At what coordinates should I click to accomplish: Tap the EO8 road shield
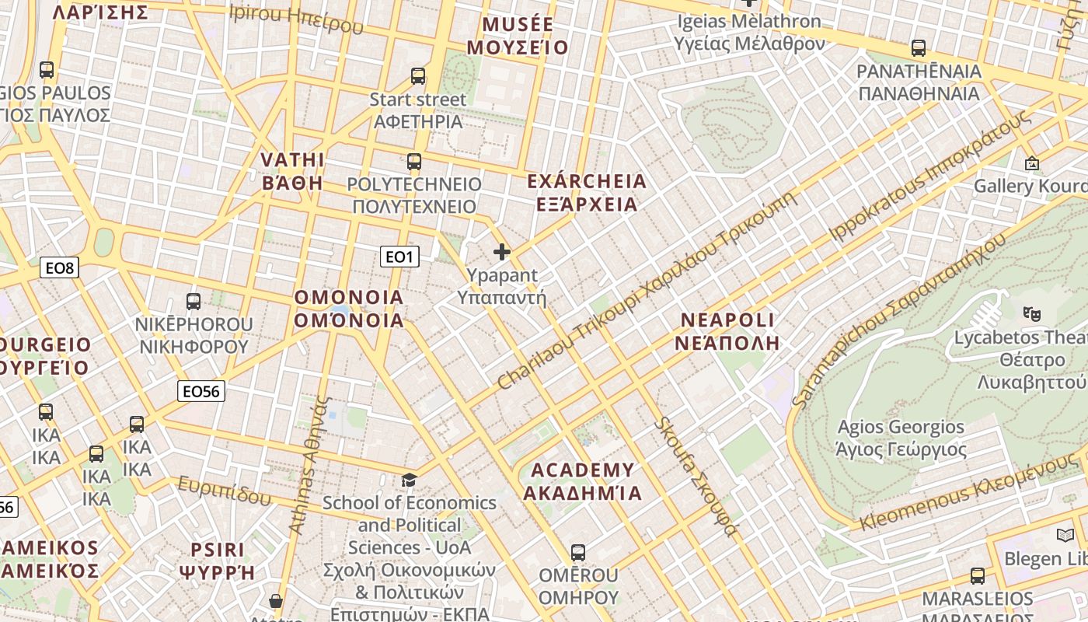point(59,268)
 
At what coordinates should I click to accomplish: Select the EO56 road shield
point(201,391)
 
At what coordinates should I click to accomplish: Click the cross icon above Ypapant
point(502,252)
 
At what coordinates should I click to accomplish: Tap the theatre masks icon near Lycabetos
point(1031,313)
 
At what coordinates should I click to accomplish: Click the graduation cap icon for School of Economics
point(409,480)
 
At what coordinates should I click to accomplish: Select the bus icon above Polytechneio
point(414,162)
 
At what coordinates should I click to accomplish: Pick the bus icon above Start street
point(418,76)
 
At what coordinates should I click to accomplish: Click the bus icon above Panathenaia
point(919,48)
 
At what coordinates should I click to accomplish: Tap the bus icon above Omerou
point(577,552)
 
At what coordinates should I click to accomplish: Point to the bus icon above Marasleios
point(978,576)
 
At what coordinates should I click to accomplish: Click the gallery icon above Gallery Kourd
point(1031,163)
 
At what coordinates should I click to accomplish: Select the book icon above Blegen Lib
point(1065,535)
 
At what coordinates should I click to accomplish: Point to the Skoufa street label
point(697,476)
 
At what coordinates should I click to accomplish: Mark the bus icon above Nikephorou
point(194,301)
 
